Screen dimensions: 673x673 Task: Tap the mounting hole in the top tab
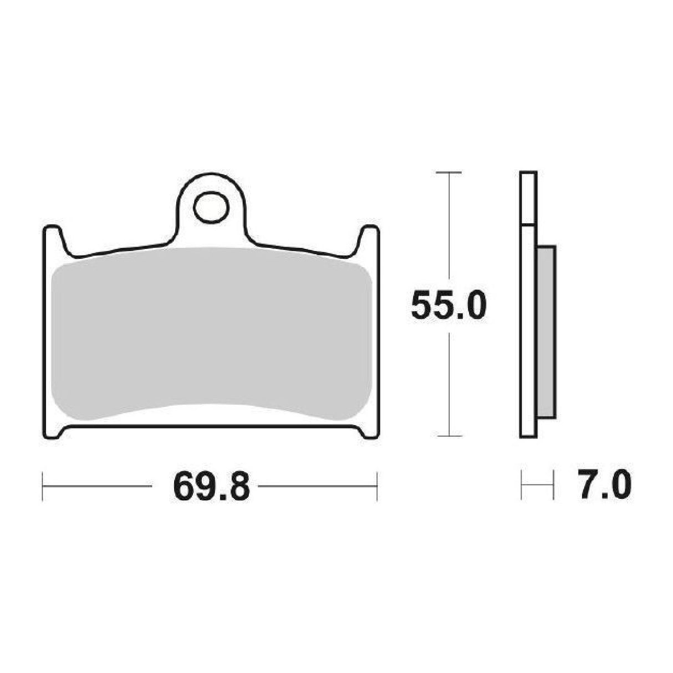[211, 207]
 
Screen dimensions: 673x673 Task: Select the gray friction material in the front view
[211, 333]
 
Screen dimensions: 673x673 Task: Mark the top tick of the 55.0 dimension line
[448, 173]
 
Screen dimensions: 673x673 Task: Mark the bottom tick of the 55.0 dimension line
[448, 436]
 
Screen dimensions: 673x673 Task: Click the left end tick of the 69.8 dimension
[43, 487]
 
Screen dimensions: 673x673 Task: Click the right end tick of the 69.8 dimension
[377, 487]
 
